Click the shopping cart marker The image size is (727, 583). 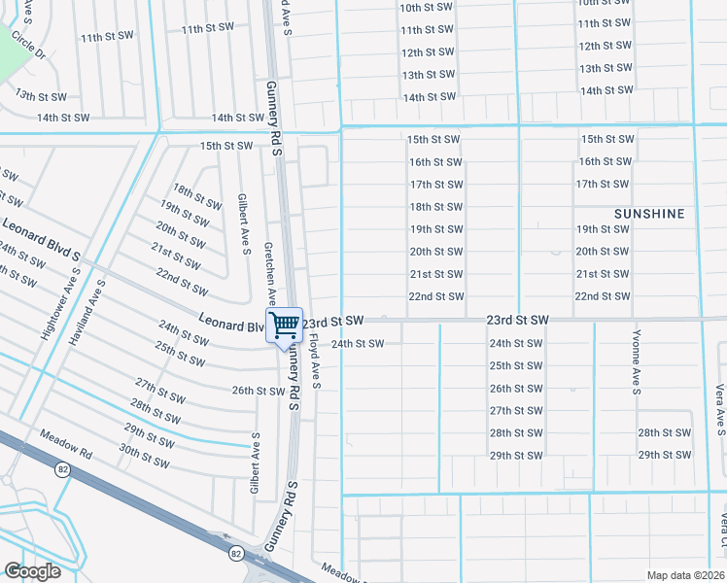284,326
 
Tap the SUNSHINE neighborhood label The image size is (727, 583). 649,213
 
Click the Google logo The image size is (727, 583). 32,571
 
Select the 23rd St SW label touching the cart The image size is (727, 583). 332,320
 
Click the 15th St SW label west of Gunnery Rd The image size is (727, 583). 225,146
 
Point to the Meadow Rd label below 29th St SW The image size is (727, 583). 66,445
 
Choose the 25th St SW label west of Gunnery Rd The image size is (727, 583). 178,353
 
